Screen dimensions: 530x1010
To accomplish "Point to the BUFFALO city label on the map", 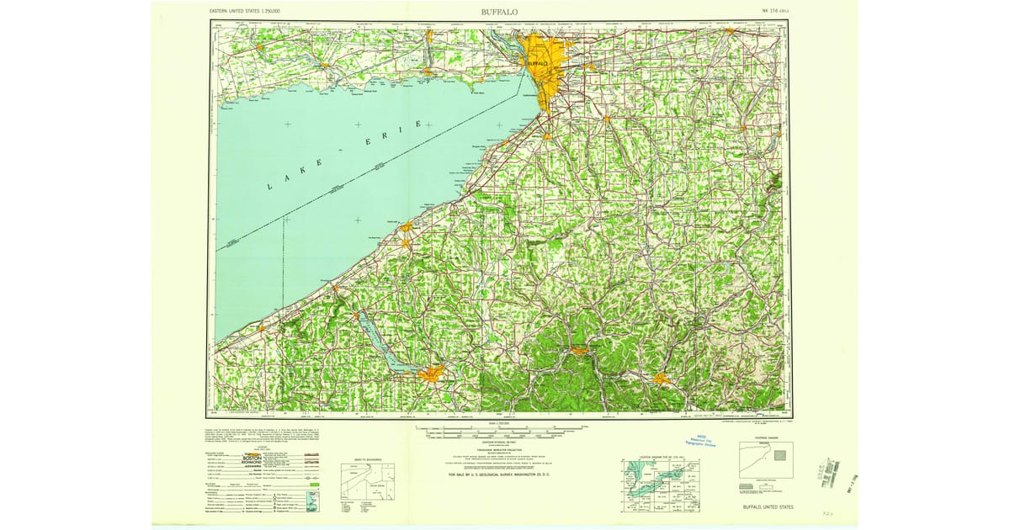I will click(538, 63).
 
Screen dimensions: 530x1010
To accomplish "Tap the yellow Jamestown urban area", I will click(433, 374).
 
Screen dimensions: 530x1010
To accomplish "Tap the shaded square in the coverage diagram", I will click(779, 455).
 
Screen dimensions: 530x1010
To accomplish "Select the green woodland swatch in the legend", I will click(314, 484).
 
